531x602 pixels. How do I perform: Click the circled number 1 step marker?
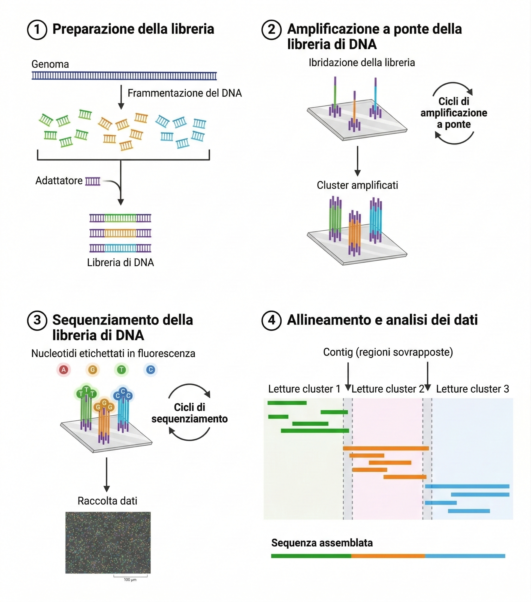(37, 29)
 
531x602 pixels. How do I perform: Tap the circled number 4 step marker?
(271, 320)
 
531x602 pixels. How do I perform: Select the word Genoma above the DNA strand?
(50, 64)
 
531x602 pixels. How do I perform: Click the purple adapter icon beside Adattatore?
(93, 181)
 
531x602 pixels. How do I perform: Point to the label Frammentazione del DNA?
(184, 93)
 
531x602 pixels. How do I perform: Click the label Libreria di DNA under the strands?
(120, 262)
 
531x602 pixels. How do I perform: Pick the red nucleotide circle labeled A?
(64, 370)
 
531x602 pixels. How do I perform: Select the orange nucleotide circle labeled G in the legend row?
(92, 370)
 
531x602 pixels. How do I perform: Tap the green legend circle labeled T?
(121, 370)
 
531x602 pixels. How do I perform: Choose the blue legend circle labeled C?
(150, 370)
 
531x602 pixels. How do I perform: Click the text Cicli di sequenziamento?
(189, 413)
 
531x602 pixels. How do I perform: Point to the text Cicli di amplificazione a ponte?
(454, 113)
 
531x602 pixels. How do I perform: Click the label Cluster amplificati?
(357, 185)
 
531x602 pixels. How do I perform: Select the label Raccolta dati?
(107, 501)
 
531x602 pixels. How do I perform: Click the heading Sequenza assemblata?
(322, 543)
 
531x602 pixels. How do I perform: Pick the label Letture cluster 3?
(472, 389)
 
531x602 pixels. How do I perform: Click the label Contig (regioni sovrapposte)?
(388, 352)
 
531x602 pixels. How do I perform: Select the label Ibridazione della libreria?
(362, 62)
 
